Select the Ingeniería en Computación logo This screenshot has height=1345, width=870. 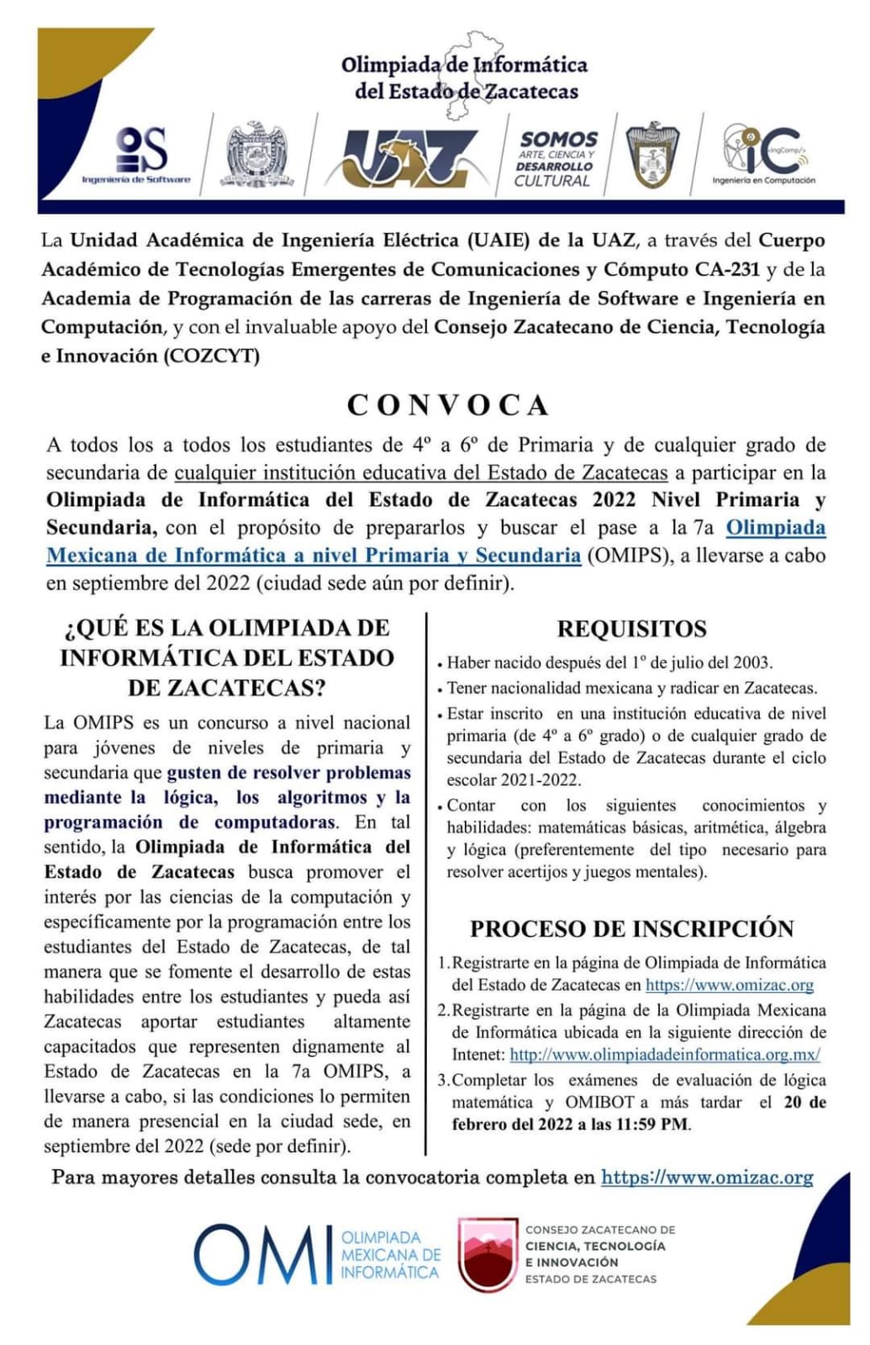[x=764, y=155]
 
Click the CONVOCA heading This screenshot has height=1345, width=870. [x=448, y=405]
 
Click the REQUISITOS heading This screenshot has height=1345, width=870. [x=631, y=629]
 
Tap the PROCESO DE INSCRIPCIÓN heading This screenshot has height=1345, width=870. [x=631, y=929]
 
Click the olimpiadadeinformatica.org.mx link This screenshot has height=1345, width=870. [x=664, y=1054]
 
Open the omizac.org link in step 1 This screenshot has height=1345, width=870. [x=729, y=984]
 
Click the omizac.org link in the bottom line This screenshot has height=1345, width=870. [x=707, y=1177]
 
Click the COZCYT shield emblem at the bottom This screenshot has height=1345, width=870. [x=487, y=1255]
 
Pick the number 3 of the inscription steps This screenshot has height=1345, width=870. [x=443, y=1080]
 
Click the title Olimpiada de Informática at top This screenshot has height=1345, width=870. [x=464, y=66]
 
